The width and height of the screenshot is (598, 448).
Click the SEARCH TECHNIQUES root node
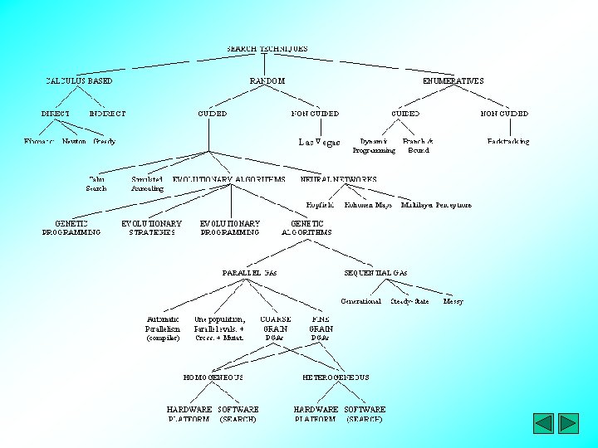[x=267, y=49]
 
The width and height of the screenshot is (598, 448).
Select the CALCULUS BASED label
[x=79, y=81]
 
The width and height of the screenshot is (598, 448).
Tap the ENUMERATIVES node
[x=453, y=81]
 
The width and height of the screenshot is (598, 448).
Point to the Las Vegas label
[x=319, y=143]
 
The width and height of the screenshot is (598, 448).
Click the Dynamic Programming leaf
[x=374, y=146]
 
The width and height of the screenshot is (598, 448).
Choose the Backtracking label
[x=507, y=142]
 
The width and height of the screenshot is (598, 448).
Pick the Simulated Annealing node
[x=147, y=184]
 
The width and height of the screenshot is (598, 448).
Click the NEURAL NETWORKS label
[x=338, y=179]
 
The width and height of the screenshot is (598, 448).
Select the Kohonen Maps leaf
[x=368, y=205]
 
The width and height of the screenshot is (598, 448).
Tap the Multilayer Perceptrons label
[x=436, y=205]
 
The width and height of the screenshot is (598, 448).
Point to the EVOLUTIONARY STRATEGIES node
[x=151, y=228]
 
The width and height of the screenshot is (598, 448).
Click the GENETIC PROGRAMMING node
[x=71, y=228]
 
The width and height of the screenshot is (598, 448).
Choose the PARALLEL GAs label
[x=249, y=273]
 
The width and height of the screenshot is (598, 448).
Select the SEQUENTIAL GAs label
[x=375, y=273]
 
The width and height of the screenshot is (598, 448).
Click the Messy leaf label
[x=453, y=301]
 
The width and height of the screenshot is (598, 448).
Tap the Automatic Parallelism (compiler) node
[x=163, y=329]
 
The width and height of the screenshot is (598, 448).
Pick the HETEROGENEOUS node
[x=336, y=377]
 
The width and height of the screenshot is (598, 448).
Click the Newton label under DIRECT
[x=74, y=142]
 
